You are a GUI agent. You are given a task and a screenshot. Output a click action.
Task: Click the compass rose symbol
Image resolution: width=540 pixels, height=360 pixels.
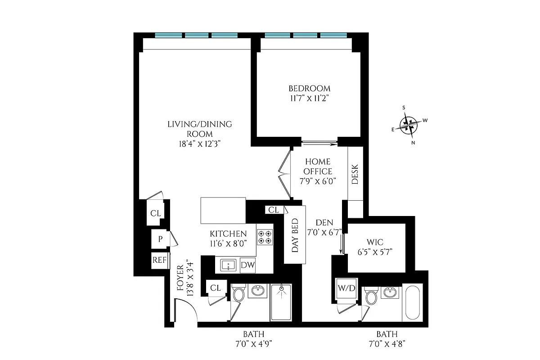pyautogui.click(x=409, y=125)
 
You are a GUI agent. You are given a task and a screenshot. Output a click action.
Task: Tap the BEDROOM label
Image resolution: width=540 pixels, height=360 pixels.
pyautogui.click(x=310, y=89)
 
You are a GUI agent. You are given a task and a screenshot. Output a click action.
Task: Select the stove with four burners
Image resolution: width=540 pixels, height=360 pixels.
pyautogui.click(x=265, y=237)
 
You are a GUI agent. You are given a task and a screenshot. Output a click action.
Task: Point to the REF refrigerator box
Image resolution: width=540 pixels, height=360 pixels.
pyautogui.click(x=159, y=260)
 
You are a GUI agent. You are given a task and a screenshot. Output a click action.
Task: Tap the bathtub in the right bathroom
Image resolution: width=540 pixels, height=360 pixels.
pyautogui.click(x=413, y=303)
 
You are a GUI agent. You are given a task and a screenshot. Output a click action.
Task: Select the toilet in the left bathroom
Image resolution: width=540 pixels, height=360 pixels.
pyautogui.click(x=238, y=295)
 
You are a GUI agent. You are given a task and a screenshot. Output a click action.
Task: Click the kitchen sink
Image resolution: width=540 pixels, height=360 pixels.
pyautogui.click(x=228, y=265)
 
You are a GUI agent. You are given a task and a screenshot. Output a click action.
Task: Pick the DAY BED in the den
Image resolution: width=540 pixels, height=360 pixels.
pyautogui.click(x=295, y=235)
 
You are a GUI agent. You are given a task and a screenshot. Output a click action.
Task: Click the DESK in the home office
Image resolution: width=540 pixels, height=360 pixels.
pyautogui.click(x=355, y=174)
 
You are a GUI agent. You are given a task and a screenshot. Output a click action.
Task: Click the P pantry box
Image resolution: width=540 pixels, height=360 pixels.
pyautogui.click(x=160, y=239)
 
